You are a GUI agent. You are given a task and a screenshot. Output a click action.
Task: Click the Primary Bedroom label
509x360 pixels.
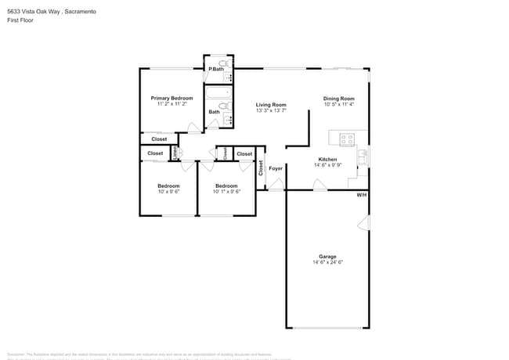pos(171,98)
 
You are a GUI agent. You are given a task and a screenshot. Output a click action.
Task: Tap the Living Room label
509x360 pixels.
pos(271,104)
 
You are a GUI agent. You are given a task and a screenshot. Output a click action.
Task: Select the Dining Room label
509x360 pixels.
pos(339,98)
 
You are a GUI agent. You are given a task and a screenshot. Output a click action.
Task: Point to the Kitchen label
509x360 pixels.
pos(327,159)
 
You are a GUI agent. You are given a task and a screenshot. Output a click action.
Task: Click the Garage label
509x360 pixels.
pos(327,257)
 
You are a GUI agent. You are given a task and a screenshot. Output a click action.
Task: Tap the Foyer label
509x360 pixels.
pos(276,168)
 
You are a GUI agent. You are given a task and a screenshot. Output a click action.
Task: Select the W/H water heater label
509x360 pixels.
pos(361,194)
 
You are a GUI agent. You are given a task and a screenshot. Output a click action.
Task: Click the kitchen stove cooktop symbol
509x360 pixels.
pos(347,139)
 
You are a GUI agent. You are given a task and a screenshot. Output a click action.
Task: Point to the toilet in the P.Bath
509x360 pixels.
pos(222,63)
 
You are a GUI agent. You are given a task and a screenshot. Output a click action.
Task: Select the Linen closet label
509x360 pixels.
pos(175,153)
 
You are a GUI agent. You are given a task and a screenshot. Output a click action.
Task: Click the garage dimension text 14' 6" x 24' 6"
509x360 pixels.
pos(327,263)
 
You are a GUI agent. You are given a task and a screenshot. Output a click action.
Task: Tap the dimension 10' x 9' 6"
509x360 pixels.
pos(169,191)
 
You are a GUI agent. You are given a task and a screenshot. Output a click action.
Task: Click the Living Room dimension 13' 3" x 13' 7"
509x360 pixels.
pos(271,110)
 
